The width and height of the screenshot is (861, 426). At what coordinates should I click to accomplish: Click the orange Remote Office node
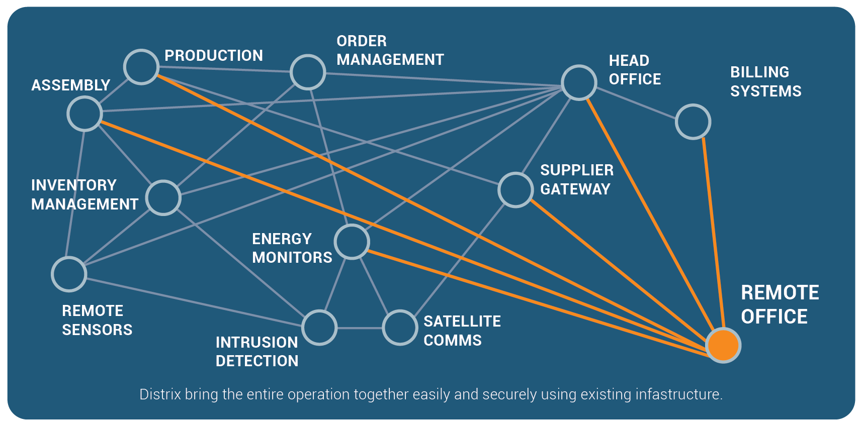(x=723, y=345)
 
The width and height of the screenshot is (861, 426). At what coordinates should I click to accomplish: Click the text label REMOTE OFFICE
(x=780, y=305)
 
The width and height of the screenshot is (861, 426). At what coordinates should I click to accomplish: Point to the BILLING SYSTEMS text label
(x=765, y=82)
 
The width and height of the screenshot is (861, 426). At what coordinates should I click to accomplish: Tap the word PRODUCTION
(x=214, y=56)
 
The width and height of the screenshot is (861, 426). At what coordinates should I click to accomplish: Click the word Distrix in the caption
(x=160, y=394)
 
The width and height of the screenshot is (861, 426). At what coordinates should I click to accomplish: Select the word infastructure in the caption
(x=679, y=394)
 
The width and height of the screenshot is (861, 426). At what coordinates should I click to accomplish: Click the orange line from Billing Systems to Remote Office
(x=714, y=233)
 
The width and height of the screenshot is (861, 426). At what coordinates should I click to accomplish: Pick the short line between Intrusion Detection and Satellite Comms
(x=360, y=328)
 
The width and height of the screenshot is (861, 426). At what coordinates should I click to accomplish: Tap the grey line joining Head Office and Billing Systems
(x=636, y=103)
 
